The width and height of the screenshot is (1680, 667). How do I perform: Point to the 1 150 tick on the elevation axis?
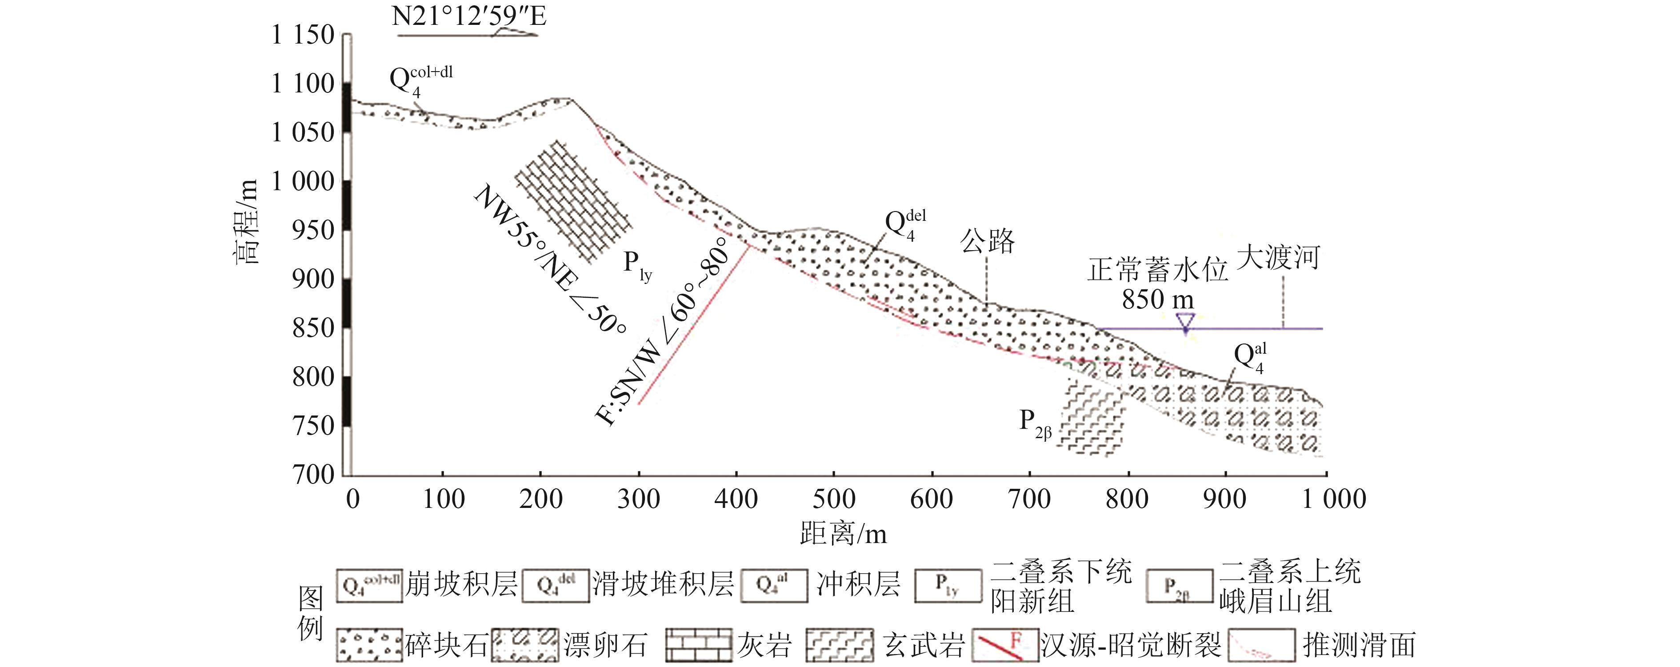coord(303,35)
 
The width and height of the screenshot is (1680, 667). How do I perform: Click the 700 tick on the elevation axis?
coord(313,474)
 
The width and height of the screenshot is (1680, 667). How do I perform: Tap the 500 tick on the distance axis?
coord(833,499)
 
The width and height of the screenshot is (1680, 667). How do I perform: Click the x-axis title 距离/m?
coord(843,535)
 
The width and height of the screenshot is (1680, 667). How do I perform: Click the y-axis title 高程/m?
coord(247,222)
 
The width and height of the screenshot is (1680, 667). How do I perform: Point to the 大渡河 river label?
coord(1278,258)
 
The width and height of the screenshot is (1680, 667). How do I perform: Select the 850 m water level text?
coord(1158,299)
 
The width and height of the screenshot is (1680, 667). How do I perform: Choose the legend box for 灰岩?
coord(699,645)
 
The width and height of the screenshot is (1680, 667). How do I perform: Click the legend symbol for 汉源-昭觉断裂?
coord(1004,645)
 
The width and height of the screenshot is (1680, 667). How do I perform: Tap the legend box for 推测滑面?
coord(1261,645)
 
